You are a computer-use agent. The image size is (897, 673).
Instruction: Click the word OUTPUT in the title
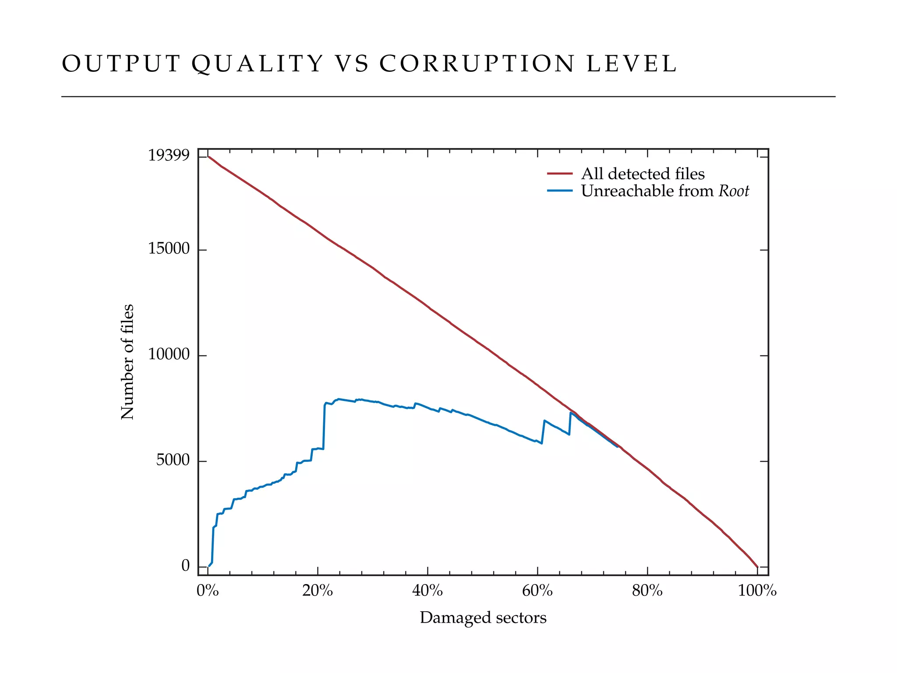pos(121,64)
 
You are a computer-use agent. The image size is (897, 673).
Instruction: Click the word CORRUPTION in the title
pos(477,64)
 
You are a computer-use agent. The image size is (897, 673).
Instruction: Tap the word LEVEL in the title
pos(632,64)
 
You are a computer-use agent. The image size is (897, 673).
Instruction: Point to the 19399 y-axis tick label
pos(169,156)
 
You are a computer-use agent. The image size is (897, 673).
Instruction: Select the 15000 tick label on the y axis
pos(169,249)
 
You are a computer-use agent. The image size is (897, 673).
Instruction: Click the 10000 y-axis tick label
pos(169,354)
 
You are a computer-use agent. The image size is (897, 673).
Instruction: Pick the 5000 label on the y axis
pos(173,460)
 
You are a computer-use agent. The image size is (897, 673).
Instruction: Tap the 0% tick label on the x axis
pos(208,591)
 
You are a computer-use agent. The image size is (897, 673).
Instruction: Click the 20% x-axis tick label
pos(318,591)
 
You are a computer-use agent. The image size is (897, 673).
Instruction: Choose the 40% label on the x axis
pos(427,591)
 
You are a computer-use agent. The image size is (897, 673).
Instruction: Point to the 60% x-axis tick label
pos(537,591)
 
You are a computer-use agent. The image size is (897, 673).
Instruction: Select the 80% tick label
pos(647,591)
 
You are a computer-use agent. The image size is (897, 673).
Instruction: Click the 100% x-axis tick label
pos(757,591)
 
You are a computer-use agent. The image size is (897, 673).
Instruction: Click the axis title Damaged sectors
pos(483,618)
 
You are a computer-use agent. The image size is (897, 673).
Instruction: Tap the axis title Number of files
pos(127,362)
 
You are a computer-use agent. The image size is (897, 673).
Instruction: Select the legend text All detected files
pos(643,174)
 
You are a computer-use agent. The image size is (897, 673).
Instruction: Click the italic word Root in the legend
pos(734,191)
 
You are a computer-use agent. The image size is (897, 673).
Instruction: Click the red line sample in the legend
pos(560,174)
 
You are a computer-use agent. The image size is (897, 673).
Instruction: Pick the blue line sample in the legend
pos(560,191)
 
